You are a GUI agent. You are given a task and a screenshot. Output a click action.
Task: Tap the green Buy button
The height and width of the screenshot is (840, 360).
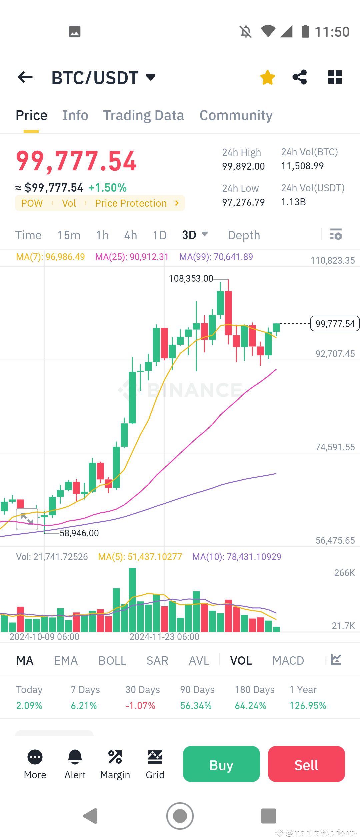coord(221,765)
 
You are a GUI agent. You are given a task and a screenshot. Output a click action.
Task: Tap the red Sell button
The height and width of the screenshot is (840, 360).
coord(306,765)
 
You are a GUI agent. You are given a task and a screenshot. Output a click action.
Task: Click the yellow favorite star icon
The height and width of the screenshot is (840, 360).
coord(267,77)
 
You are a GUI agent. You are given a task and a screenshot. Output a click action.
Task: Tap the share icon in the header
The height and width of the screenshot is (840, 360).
coord(299,77)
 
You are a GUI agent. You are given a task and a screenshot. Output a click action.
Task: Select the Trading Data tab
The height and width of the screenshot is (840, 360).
coord(143,115)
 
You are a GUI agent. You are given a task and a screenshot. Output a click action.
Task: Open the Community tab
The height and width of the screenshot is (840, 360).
coord(236,115)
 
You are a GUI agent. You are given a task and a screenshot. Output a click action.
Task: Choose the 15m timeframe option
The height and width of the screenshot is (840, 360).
coord(69,235)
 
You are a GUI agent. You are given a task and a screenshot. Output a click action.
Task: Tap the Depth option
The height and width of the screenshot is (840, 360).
coord(244,235)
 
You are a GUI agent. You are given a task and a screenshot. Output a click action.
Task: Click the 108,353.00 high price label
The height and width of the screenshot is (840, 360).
coord(191,278)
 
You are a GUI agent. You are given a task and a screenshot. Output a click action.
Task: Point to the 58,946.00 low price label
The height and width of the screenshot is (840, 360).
coord(79,533)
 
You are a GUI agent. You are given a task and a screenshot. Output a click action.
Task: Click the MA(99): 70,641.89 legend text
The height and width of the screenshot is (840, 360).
coord(216,257)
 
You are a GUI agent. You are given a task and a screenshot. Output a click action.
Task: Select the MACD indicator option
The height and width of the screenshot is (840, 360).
coord(288,660)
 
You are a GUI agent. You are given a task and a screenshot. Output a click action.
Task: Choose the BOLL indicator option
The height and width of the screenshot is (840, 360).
coord(112,660)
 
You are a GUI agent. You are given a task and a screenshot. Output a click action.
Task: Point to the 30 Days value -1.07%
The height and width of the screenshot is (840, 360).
coord(140,706)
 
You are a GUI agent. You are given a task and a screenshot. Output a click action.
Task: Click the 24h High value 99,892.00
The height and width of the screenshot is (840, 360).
coord(243,166)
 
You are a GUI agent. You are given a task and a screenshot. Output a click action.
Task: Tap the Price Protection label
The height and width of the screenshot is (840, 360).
coord(131,203)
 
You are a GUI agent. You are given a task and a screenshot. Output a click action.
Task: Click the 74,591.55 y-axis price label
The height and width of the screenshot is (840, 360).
coord(335,447)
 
